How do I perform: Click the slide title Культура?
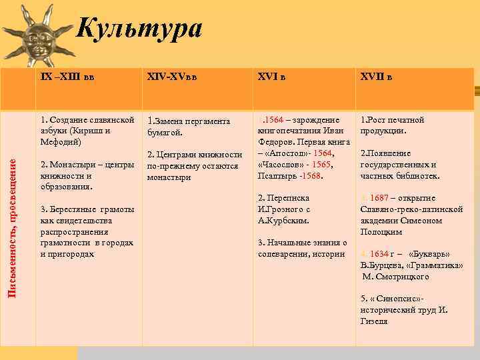[138, 28]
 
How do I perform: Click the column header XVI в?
[272, 77]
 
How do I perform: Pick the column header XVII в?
[377, 77]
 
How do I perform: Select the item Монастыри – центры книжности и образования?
[87, 175]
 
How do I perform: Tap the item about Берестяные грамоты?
[87, 231]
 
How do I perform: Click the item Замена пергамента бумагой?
[189, 127]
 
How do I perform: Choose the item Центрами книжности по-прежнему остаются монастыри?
[194, 166]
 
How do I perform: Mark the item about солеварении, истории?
[302, 248]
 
